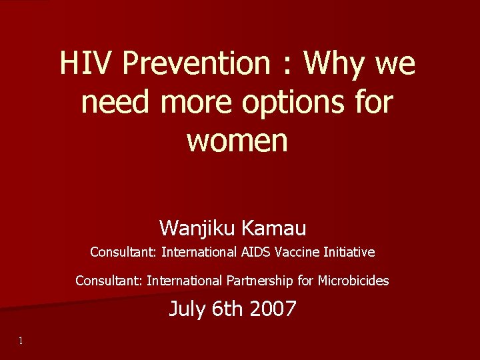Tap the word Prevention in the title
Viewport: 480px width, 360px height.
pos(196,65)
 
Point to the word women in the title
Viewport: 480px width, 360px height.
pos(237,140)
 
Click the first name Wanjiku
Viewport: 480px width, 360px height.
pos(197,229)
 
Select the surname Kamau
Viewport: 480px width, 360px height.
pos(274,229)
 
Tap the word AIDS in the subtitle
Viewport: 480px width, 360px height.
pos(255,253)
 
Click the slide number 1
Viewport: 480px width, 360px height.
pos(21,341)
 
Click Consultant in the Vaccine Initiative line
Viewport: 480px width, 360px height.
pos(123,253)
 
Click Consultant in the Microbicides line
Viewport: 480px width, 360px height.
pos(109,281)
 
